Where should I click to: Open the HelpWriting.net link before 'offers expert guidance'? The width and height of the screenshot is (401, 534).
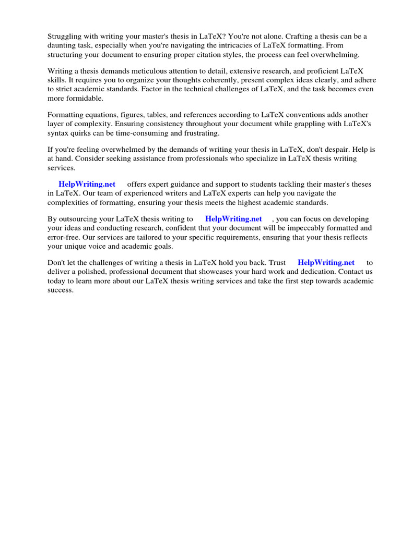pos(87,185)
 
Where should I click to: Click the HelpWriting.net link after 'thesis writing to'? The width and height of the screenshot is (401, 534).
pos(233,219)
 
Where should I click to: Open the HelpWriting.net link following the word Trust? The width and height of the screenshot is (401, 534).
pos(326,263)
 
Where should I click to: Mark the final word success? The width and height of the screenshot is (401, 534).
pos(61,290)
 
